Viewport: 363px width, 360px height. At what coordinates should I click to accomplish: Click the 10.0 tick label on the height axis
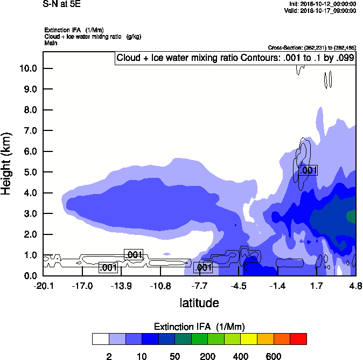pyautogui.click(x=27, y=68)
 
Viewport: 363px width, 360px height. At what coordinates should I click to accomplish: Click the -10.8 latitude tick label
pyautogui.click(x=160, y=286)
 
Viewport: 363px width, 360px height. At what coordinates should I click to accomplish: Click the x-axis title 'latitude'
pyautogui.click(x=199, y=303)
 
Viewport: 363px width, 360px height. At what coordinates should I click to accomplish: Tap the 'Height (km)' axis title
pyautogui.click(x=8, y=163)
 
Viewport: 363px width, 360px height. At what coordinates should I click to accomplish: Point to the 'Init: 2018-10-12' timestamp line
pyautogui.click(x=322, y=3)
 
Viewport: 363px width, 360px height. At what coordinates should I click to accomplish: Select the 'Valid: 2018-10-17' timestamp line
pyautogui.click(x=322, y=10)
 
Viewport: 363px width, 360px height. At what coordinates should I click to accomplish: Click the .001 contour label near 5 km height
pyautogui.click(x=308, y=170)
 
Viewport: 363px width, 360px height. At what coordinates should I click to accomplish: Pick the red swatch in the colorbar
pyautogui.click(x=298, y=339)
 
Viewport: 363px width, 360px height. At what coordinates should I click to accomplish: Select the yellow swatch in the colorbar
pyautogui.click(x=249, y=339)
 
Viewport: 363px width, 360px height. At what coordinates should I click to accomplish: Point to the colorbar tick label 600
pyautogui.click(x=274, y=356)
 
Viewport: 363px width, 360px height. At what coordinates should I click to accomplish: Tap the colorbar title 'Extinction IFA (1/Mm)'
pyautogui.click(x=199, y=327)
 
